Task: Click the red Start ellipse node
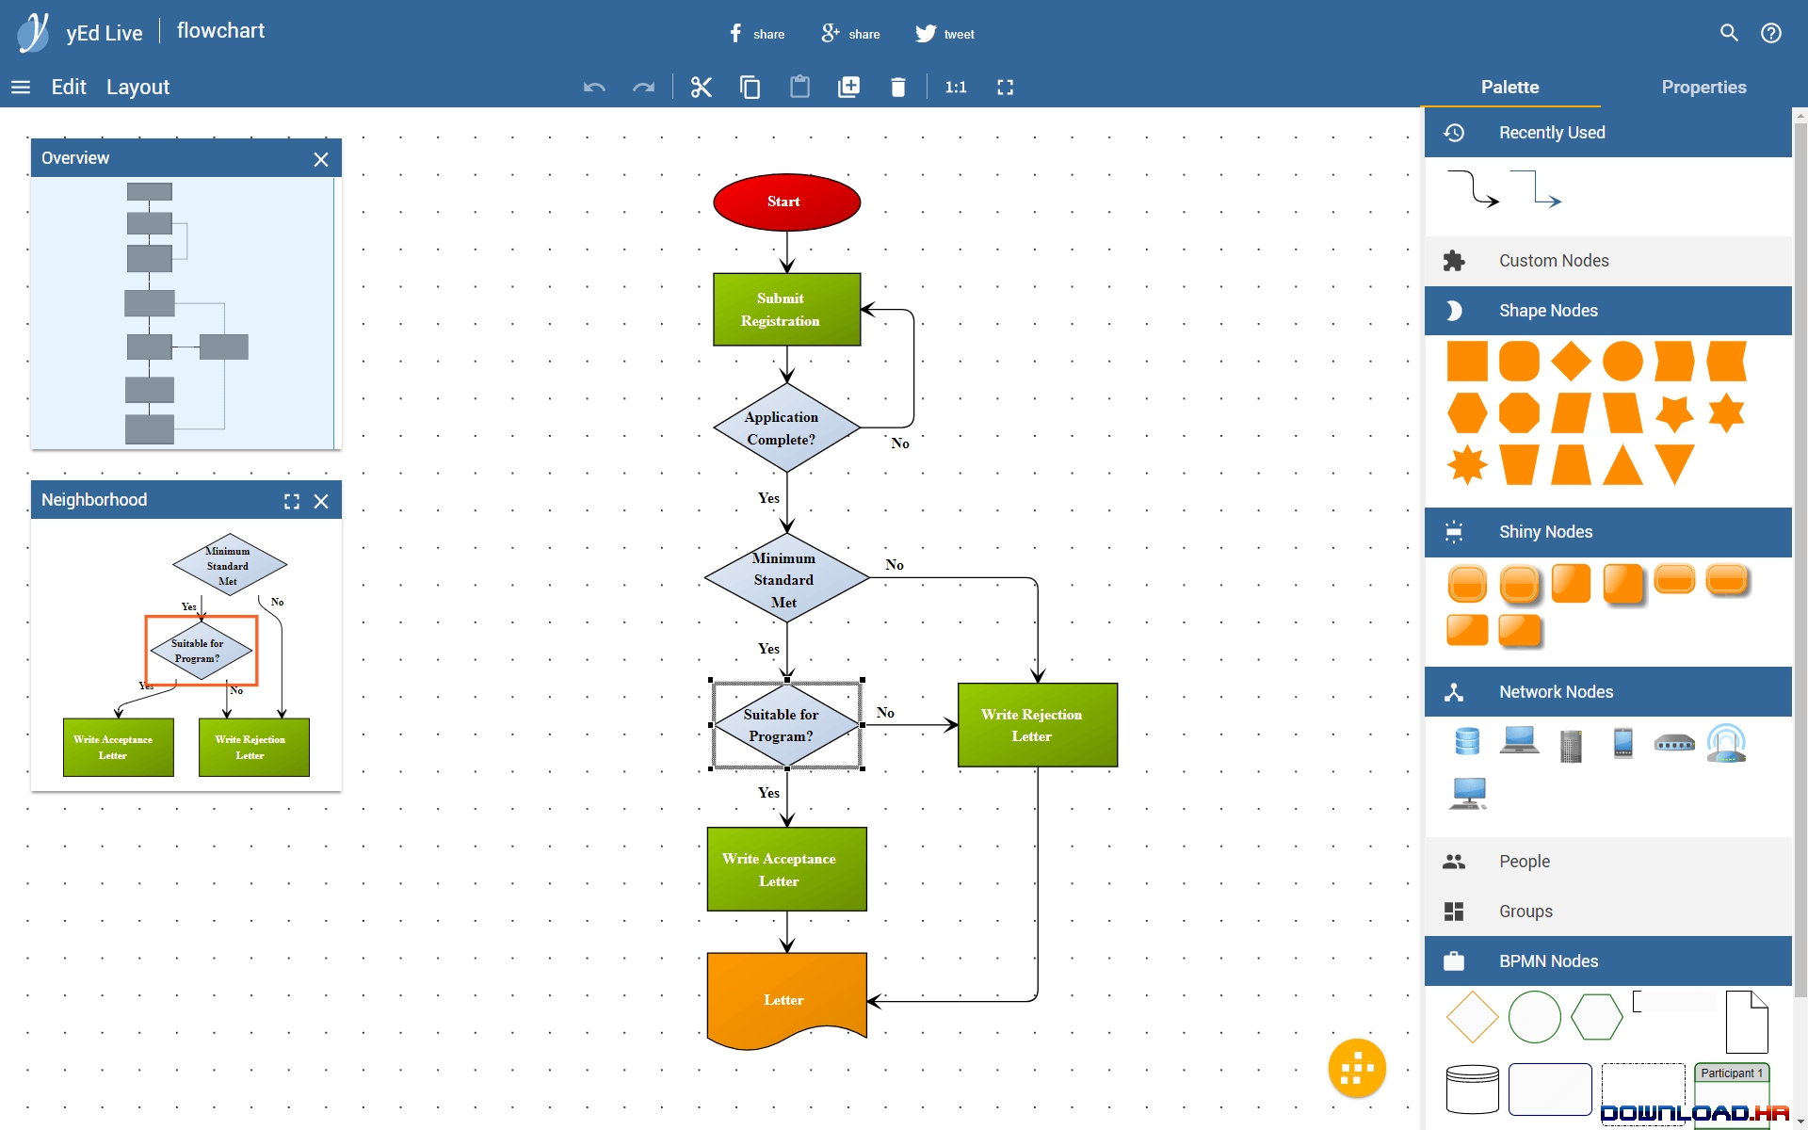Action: [x=786, y=202]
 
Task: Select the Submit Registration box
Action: [x=786, y=309]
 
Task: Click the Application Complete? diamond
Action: [x=786, y=428]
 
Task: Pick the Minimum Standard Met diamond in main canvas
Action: [x=786, y=578]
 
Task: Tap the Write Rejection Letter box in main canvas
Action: [x=1038, y=724]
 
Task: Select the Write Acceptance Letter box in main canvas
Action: [x=786, y=868]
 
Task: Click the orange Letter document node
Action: [x=786, y=1000]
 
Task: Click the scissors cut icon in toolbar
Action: [x=701, y=87]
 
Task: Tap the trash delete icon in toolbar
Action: [x=897, y=87]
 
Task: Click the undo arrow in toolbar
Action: [x=594, y=87]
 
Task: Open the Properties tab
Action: [x=1703, y=87]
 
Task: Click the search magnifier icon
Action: [x=1729, y=33]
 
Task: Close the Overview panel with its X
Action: [x=321, y=159]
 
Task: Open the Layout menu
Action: [x=137, y=87]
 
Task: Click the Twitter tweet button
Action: [x=945, y=34]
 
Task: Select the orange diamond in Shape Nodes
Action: [x=1571, y=362]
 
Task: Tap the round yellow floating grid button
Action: [x=1357, y=1068]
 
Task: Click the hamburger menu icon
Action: [x=21, y=87]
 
